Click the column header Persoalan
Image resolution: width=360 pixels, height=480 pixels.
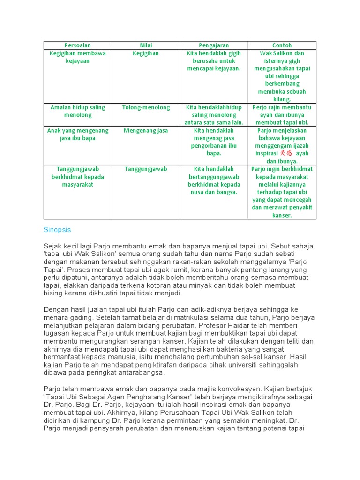tap(78, 45)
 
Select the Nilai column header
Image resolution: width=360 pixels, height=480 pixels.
tap(146, 45)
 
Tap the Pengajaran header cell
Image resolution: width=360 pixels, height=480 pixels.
tap(214, 45)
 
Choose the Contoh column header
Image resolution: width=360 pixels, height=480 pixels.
tap(282, 45)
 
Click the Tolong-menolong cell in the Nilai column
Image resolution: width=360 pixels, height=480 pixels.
tap(146, 107)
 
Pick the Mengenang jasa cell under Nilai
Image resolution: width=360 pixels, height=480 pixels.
tap(146, 130)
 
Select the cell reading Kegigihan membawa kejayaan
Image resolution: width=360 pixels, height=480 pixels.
tap(78, 57)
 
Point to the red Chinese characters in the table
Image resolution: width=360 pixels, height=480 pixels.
tap(286, 153)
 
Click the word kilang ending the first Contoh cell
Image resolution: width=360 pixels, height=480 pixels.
tap(282, 99)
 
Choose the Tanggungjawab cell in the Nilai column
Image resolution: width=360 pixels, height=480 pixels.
tap(146, 169)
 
